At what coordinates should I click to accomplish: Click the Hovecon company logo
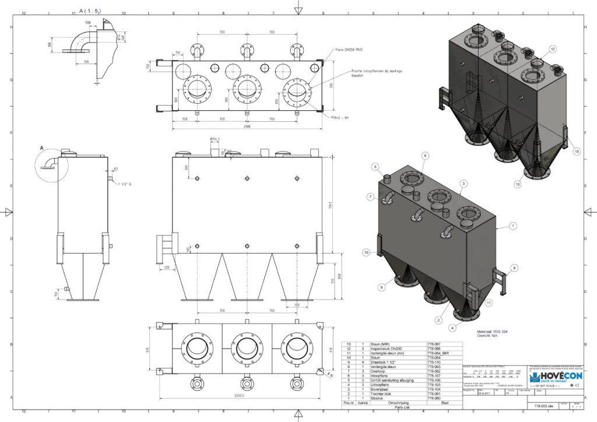point(556,377)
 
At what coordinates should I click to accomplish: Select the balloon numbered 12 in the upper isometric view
point(552,49)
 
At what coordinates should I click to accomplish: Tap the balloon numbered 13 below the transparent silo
point(517,184)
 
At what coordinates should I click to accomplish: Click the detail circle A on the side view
point(52,165)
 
